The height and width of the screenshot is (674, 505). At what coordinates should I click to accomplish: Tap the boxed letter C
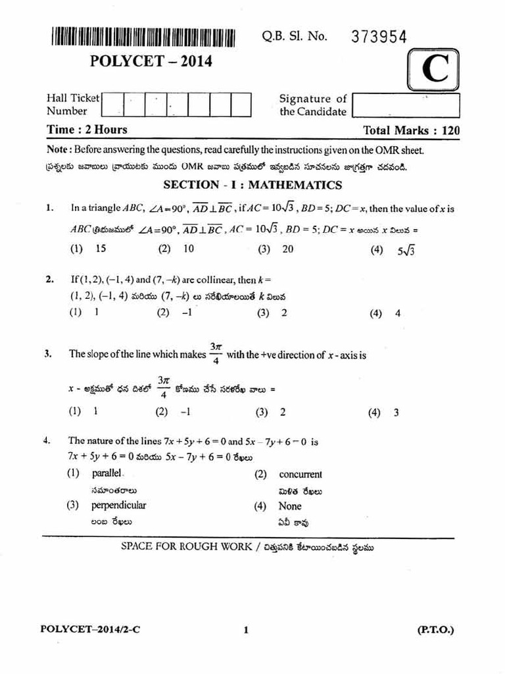pyautogui.click(x=435, y=71)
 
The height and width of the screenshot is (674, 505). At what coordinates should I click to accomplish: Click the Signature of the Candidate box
pyautogui.click(x=405, y=105)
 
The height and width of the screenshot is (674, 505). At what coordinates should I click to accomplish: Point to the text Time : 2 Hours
pyautogui.click(x=87, y=130)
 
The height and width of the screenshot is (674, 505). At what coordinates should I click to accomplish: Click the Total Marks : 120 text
pyautogui.click(x=411, y=130)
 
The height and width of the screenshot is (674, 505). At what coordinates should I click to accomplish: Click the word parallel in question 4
pyautogui.click(x=107, y=473)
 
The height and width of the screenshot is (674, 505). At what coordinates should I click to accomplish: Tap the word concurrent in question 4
pyautogui.click(x=300, y=474)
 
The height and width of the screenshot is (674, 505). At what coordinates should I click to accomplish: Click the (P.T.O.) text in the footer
pyautogui.click(x=435, y=629)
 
